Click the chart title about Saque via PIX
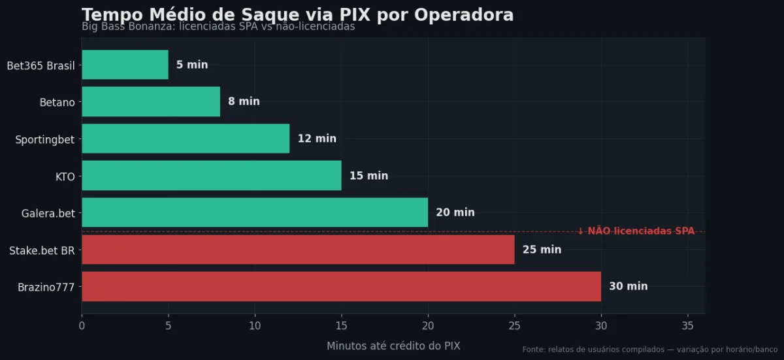click(x=297, y=15)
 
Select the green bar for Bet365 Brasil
click(x=125, y=65)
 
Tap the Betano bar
click(x=151, y=102)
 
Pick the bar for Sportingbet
click(x=186, y=139)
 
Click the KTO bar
click(x=211, y=176)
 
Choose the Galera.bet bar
click(x=255, y=213)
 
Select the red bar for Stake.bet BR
click(x=298, y=250)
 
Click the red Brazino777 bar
click(x=341, y=287)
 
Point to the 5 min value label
click(x=192, y=65)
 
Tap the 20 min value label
click(x=455, y=213)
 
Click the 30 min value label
click(x=629, y=287)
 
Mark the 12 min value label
click(x=317, y=139)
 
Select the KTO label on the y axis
click(x=65, y=176)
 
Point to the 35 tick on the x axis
click(x=687, y=325)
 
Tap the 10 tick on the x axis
click(x=255, y=325)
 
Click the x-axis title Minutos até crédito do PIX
click(x=393, y=346)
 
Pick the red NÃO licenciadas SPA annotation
click(x=636, y=231)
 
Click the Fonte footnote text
click(x=649, y=350)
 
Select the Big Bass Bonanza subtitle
click(x=218, y=27)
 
